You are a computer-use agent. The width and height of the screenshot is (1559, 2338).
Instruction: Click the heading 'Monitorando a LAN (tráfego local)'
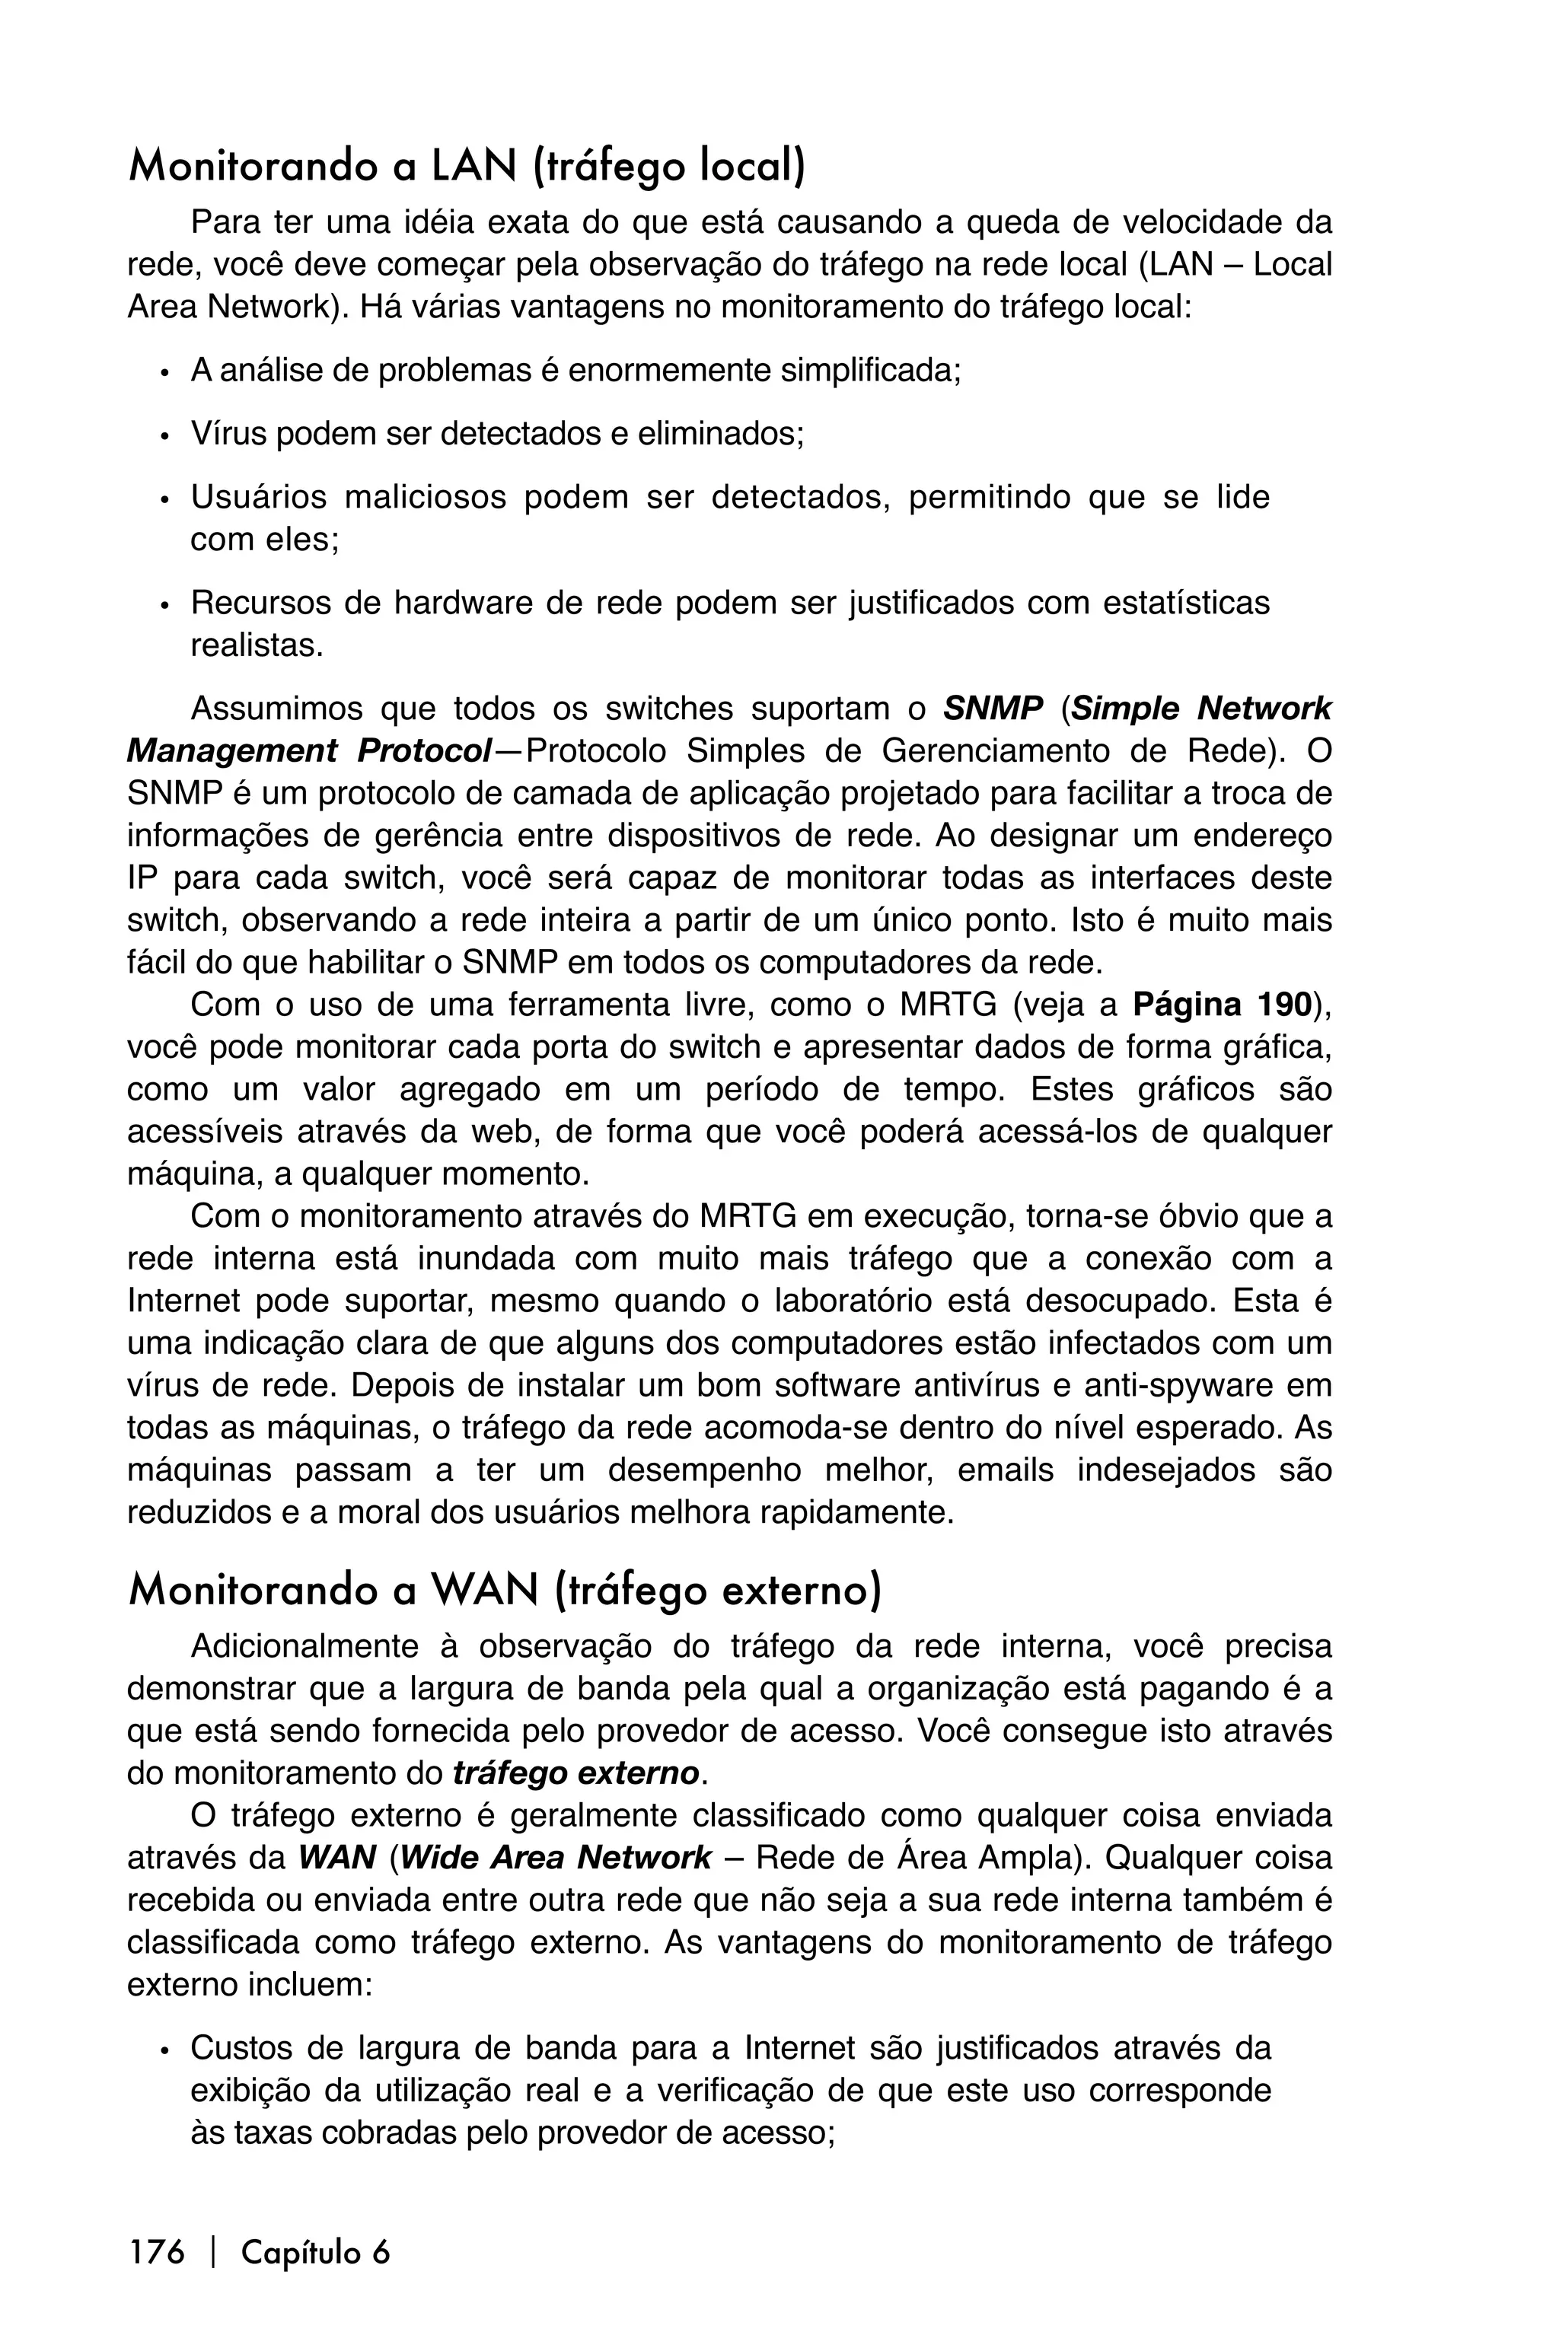467,166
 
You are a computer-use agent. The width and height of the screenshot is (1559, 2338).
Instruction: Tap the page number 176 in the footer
156,2250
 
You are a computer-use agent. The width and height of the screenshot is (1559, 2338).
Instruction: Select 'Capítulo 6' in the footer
315,2250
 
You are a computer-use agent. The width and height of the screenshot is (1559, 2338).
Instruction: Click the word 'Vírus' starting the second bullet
227,435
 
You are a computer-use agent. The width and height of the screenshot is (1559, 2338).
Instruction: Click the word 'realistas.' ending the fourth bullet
257,646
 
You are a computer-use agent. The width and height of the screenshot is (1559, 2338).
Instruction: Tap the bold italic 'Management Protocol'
308,751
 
